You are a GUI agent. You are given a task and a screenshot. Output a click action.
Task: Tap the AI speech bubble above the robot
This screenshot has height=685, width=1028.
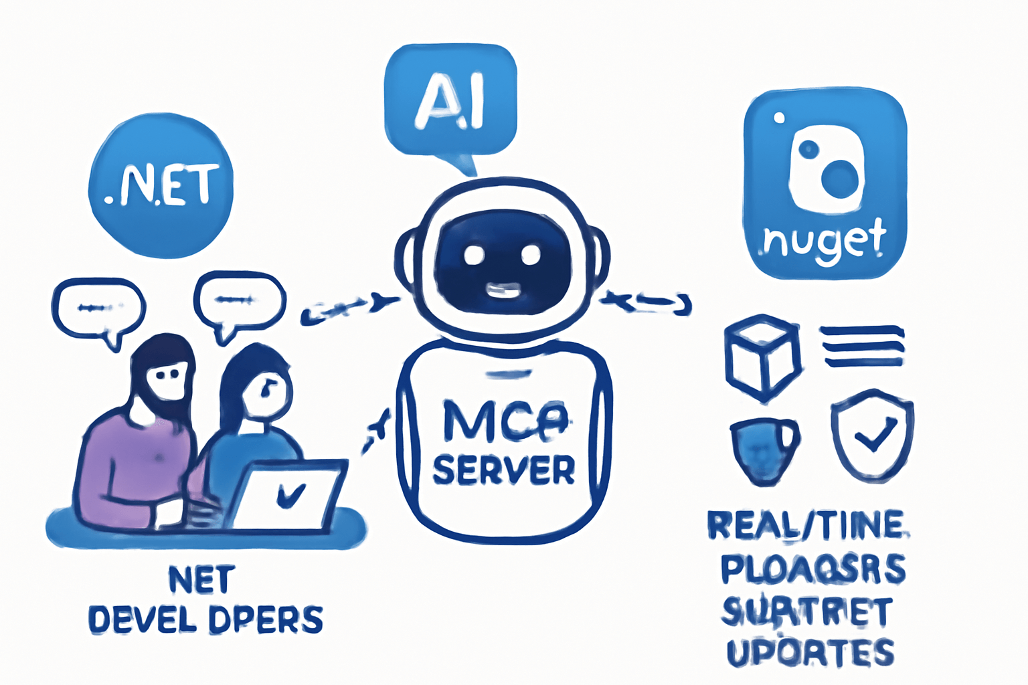(x=450, y=100)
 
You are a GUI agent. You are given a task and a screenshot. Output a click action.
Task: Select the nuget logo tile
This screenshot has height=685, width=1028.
(x=825, y=184)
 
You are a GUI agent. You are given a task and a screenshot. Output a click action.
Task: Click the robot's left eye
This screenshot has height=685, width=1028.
(x=475, y=254)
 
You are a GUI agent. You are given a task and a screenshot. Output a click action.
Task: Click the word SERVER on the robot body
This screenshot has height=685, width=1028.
(x=503, y=470)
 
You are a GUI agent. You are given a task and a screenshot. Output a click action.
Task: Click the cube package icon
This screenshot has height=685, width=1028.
(x=762, y=359)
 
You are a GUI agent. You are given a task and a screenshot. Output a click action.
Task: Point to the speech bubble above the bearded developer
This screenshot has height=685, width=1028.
(x=98, y=309)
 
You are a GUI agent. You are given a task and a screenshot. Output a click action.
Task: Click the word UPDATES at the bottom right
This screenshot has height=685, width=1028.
(x=810, y=652)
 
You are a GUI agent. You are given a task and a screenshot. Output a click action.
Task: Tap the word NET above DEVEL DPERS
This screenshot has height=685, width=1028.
(x=201, y=580)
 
